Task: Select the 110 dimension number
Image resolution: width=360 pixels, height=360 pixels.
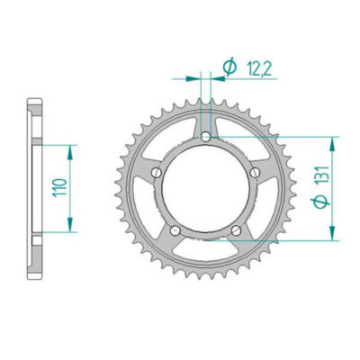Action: pos(58,189)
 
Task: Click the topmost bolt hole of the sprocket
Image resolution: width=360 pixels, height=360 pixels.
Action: pos(207,137)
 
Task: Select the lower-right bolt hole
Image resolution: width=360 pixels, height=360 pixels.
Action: pos(238,230)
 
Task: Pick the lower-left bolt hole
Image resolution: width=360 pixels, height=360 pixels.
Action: pos(176,230)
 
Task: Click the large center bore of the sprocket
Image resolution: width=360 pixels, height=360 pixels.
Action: pos(207,189)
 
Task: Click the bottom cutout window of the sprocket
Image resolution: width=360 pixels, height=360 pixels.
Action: pos(207,253)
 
